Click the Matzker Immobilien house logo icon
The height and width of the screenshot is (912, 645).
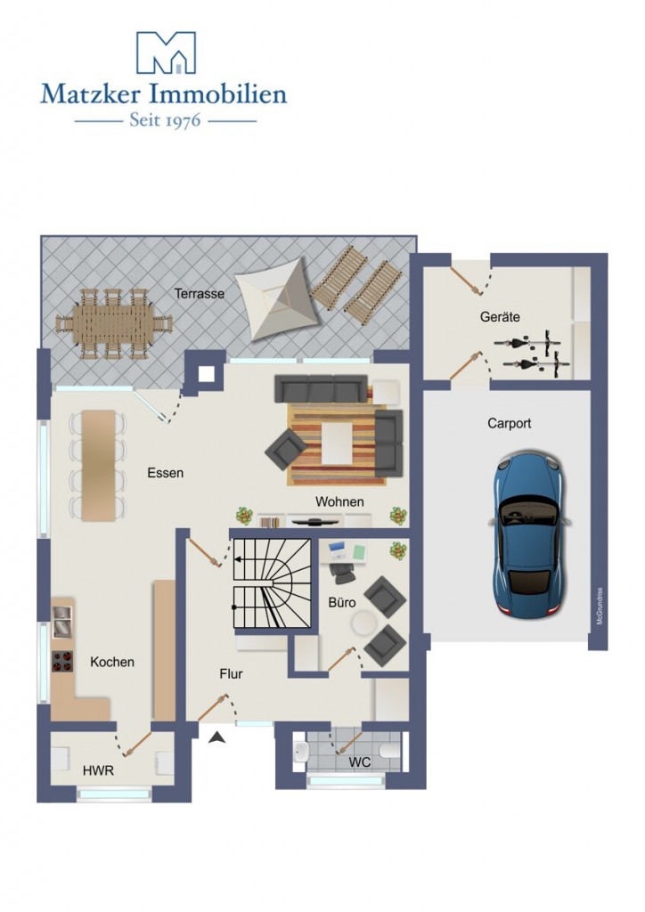point(166,53)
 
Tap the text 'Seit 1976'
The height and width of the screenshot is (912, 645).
point(165,120)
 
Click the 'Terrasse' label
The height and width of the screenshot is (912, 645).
point(200,294)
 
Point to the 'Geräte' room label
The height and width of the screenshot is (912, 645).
point(500,317)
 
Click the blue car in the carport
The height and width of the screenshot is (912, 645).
point(528,533)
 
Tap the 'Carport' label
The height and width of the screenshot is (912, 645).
point(509,423)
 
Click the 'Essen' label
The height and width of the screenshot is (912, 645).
point(165,473)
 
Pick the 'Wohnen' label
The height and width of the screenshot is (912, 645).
point(339,501)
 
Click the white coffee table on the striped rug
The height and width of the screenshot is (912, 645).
point(338,444)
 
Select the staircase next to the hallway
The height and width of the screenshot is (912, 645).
point(273,583)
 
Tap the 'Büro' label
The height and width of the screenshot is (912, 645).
point(342,602)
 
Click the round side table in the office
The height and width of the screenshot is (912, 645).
point(364,623)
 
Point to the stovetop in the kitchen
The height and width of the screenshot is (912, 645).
point(62,662)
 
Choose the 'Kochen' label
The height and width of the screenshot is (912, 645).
point(112,662)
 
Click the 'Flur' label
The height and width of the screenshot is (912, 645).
point(231,674)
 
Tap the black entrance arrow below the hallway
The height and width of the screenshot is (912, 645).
point(217,737)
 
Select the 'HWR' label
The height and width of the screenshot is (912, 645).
point(98,771)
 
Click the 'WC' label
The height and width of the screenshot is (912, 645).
point(359,762)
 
